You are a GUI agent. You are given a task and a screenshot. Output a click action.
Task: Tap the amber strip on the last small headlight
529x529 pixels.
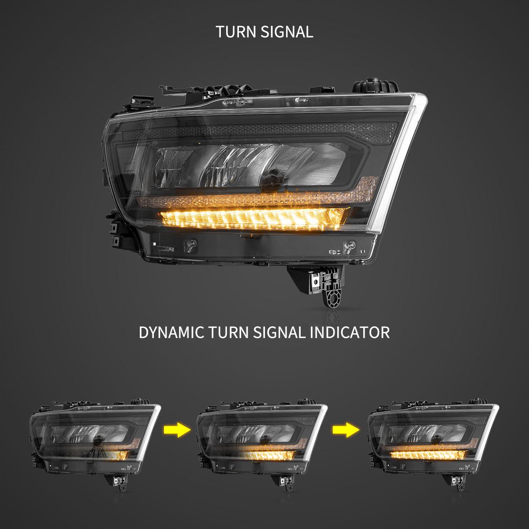point(428,454)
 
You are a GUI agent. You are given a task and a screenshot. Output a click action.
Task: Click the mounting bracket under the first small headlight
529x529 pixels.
point(120,483)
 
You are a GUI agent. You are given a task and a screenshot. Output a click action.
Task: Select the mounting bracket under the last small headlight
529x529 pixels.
point(458,483)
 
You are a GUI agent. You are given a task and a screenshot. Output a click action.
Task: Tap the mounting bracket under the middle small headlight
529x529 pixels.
point(287,483)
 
